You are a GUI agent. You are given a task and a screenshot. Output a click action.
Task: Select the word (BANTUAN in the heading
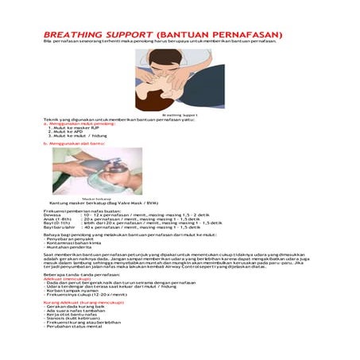(x=185, y=35)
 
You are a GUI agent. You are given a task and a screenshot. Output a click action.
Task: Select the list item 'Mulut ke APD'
(x=65, y=131)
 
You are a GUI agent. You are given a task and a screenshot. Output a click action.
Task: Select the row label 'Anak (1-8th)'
(x=56, y=219)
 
